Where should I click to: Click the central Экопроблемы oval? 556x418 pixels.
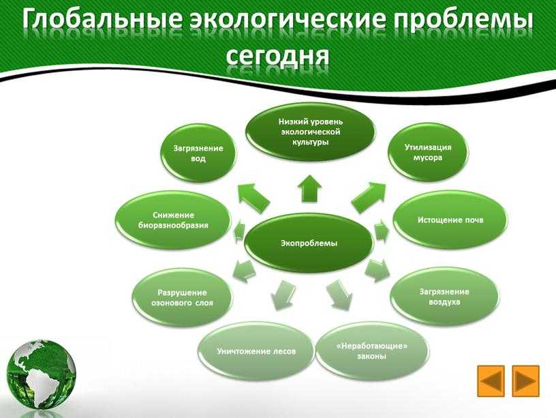point(309,243)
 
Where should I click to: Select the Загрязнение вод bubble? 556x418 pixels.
point(198,153)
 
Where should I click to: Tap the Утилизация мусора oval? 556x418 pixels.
point(428,152)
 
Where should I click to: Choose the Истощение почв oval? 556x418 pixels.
point(450,220)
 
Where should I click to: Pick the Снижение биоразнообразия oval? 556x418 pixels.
point(173,220)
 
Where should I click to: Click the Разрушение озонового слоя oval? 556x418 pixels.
point(182,297)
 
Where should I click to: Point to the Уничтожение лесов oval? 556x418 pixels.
point(256,351)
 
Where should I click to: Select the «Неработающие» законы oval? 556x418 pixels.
point(371,351)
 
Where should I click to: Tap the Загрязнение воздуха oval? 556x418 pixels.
point(444,297)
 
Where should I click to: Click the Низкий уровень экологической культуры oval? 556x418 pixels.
point(310,132)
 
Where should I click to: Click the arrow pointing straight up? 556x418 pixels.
point(309,189)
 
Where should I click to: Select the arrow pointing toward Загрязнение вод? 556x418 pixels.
point(253,198)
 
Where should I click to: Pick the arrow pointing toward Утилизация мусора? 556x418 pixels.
point(369,197)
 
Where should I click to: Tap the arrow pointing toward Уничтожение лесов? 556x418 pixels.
point(283,295)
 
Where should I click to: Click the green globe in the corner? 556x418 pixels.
point(41,374)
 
